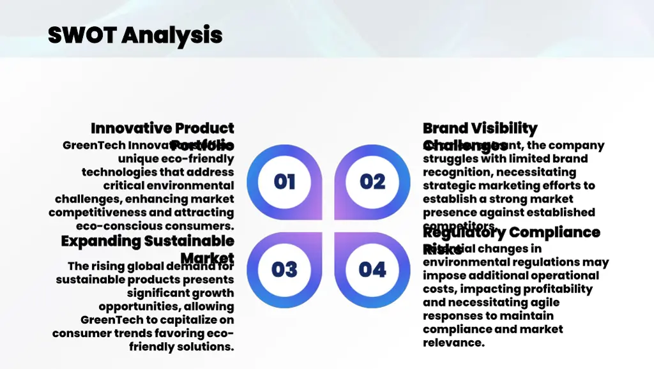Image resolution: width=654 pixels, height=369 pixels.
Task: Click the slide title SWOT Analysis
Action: [135, 34]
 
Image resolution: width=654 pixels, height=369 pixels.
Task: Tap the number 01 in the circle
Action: [284, 182]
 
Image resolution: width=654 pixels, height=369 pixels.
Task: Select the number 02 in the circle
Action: [372, 182]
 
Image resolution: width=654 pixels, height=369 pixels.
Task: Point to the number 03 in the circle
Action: [284, 269]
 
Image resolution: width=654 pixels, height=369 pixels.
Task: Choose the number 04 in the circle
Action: [372, 269]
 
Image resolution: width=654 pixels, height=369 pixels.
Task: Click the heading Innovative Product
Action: [162, 128]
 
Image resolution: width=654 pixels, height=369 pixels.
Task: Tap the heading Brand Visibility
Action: [480, 128]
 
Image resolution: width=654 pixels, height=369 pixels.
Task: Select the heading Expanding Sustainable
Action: [148, 241]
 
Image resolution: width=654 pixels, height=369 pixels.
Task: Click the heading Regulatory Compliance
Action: [511, 232]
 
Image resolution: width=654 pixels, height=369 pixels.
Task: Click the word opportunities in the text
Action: [146, 306]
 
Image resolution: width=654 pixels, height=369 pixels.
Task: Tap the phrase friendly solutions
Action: [181, 347]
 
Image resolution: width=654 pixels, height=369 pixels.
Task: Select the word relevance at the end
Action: [453, 343]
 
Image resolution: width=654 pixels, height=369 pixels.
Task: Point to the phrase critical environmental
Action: [169, 186]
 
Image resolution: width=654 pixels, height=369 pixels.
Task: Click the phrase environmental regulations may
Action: [515, 262]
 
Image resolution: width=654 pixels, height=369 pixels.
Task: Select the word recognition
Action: [457, 172]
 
